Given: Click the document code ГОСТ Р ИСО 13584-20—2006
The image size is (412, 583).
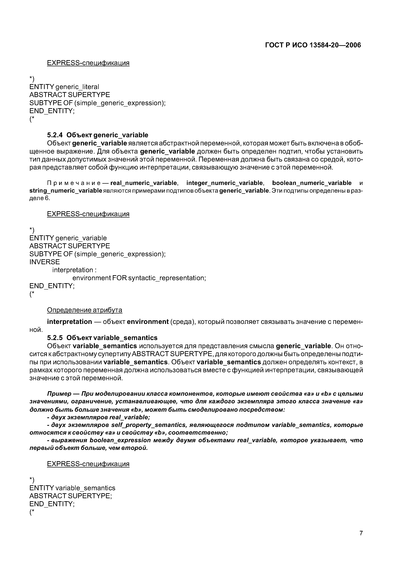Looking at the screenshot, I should pyautogui.click(x=313, y=45).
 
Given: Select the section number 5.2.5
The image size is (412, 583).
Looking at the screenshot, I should pyautogui.click(x=55, y=338).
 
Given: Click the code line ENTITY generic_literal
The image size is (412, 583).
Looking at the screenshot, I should pyautogui.click(x=64, y=87).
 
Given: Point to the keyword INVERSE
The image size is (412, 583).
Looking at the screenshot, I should pyautogui.click(x=45, y=262).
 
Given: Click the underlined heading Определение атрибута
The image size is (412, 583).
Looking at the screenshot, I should pyautogui.click(x=85, y=310).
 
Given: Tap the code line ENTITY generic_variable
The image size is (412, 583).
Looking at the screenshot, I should pyautogui.click(x=68, y=238).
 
